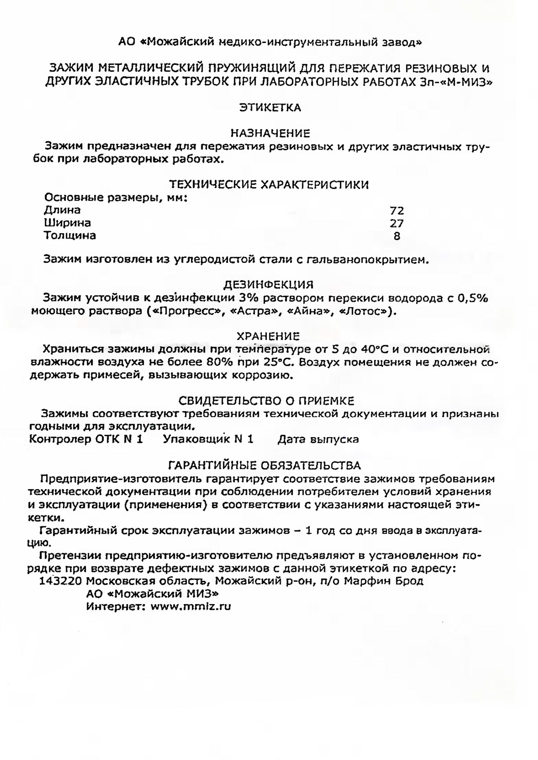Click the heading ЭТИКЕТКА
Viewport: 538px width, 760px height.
270,107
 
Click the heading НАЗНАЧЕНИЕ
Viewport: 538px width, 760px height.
270,133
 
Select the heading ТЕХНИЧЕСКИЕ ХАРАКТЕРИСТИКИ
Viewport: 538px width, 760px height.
269,185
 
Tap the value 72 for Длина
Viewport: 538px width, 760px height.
397,210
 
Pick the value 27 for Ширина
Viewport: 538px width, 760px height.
397,223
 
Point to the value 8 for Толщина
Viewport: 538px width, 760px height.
397,236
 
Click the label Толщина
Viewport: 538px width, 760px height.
69,235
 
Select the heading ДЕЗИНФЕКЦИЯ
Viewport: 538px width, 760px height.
268,285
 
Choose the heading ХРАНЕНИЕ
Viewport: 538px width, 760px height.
268,336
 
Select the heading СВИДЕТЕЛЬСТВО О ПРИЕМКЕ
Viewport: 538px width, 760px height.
266,400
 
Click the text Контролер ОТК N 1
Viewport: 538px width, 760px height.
86,439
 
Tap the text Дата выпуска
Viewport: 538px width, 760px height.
318,439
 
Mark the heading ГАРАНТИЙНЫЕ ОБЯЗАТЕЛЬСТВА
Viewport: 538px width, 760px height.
264,465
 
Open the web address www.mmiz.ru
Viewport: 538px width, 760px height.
191,607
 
